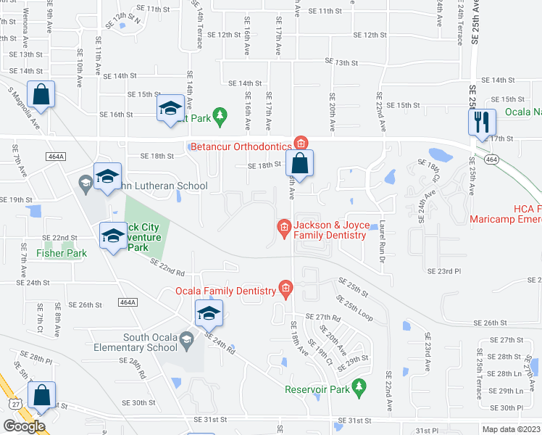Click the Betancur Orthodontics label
[241, 146]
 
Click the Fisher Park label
[62, 253]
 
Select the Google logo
[25, 426]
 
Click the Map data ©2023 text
[512, 429]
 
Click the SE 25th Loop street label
[354, 309]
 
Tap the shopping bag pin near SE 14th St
[41, 94]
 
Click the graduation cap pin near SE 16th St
[170, 109]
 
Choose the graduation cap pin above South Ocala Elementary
[208, 313]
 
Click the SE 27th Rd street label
[323, 318]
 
